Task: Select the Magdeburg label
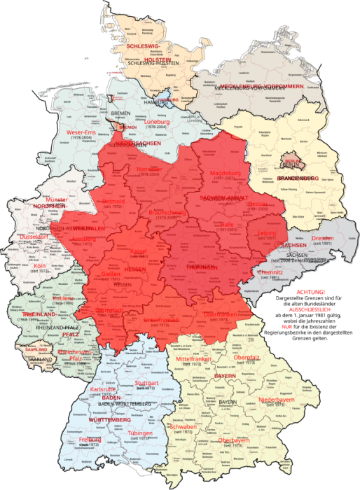click(225, 172)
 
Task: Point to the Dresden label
click(323, 239)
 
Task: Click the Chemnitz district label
click(270, 272)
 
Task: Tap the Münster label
click(55, 200)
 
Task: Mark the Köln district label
click(39, 266)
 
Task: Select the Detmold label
click(113, 201)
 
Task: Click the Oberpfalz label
click(246, 358)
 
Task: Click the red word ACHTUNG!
click(310, 290)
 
